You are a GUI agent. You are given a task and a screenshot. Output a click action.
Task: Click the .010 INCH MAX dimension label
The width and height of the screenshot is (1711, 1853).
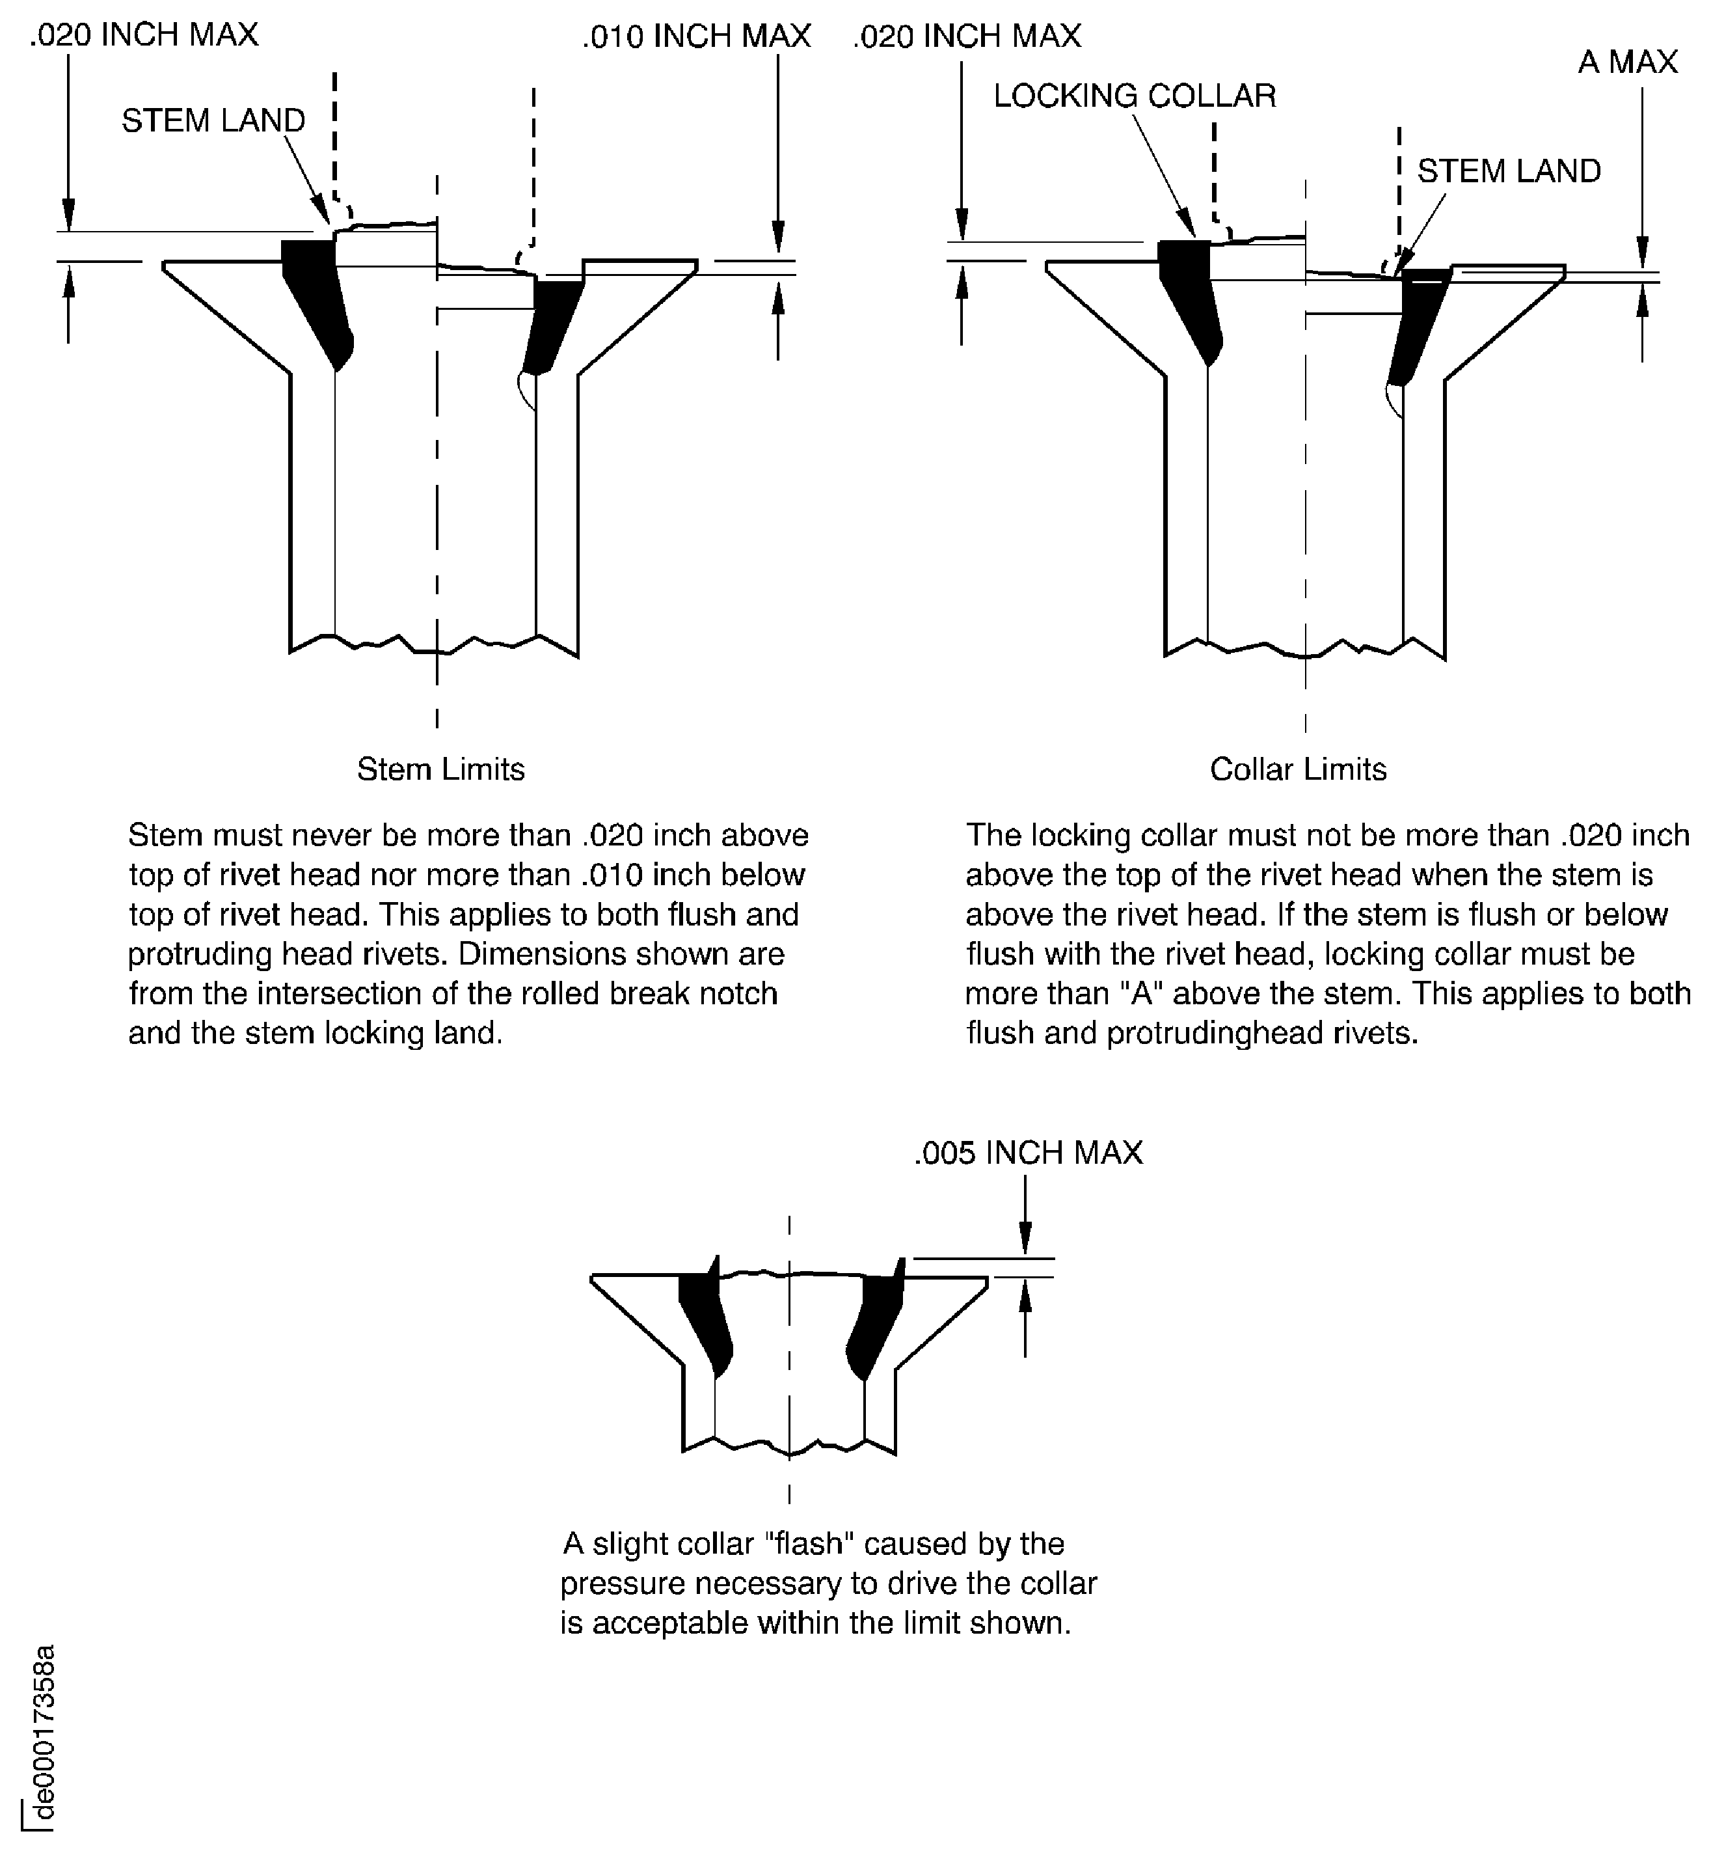[x=696, y=36]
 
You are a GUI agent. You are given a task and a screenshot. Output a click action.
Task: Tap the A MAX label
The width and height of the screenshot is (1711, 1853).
[x=1626, y=62]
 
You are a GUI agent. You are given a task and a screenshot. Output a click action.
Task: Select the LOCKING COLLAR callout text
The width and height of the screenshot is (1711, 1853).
[x=1134, y=96]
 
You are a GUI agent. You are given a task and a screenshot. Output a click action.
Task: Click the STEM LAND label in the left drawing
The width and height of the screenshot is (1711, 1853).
[x=213, y=120]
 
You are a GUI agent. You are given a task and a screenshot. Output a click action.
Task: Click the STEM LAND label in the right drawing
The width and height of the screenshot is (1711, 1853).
[x=1508, y=171]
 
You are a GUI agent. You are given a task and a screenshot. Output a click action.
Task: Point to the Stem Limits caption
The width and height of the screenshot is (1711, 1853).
[x=440, y=769]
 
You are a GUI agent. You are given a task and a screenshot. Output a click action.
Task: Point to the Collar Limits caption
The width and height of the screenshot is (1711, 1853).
[x=1297, y=769]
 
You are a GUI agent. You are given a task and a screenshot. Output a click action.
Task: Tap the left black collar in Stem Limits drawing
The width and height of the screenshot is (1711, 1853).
[x=317, y=296]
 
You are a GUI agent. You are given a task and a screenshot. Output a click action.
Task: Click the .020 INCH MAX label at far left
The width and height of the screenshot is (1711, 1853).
[x=144, y=35]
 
